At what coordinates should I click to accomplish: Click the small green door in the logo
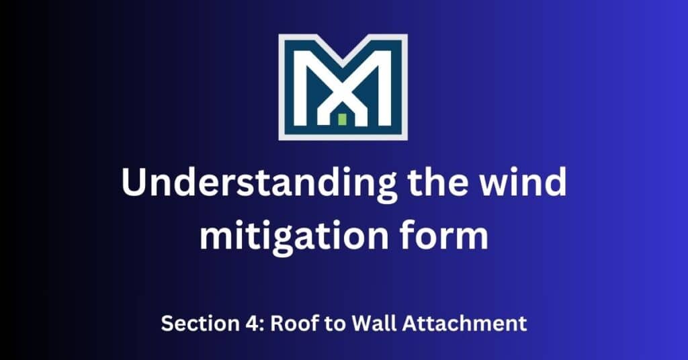(342, 120)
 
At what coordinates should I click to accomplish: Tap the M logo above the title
(343, 87)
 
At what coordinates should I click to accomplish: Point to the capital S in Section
(167, 324)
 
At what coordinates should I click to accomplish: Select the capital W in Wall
(363, 324)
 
